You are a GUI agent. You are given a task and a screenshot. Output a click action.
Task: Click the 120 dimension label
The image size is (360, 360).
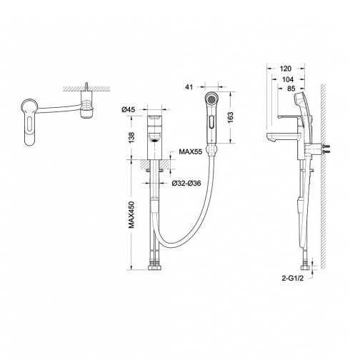click(285, 69)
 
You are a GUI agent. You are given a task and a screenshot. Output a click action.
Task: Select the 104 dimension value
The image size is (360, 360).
click(288, 79)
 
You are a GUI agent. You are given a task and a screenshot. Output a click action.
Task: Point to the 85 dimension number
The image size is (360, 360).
click(291, 89)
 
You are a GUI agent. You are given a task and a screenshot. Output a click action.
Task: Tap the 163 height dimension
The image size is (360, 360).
click(230, 117)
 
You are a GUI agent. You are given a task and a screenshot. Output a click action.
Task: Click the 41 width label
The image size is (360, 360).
click(189, 87)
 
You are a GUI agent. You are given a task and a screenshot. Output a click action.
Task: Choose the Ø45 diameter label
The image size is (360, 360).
click(128, 109)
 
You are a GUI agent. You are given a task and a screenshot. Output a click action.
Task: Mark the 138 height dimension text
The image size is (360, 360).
click(131, 138)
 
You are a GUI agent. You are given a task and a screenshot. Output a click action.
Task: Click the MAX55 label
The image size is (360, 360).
click(190, 151)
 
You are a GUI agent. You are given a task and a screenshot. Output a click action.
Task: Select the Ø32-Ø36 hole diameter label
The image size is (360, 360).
click(186, 183)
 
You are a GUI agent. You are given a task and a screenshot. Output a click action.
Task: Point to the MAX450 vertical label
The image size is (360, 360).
click(131, 215)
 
